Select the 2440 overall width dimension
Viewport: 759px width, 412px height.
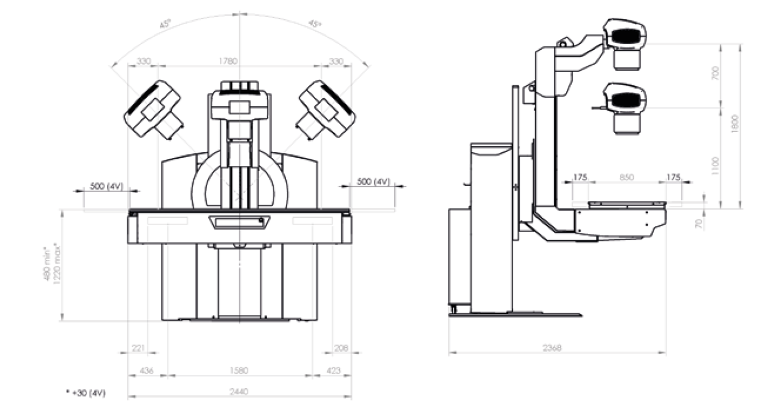[239, 392]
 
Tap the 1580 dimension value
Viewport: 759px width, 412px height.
[239, 370]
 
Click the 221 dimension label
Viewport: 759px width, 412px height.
[139, 348]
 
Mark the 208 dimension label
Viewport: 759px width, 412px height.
[341, 348]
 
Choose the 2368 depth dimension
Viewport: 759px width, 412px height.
[552, 348]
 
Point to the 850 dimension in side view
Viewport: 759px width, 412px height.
[627, 177]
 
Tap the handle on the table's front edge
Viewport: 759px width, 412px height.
[239, 222]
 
